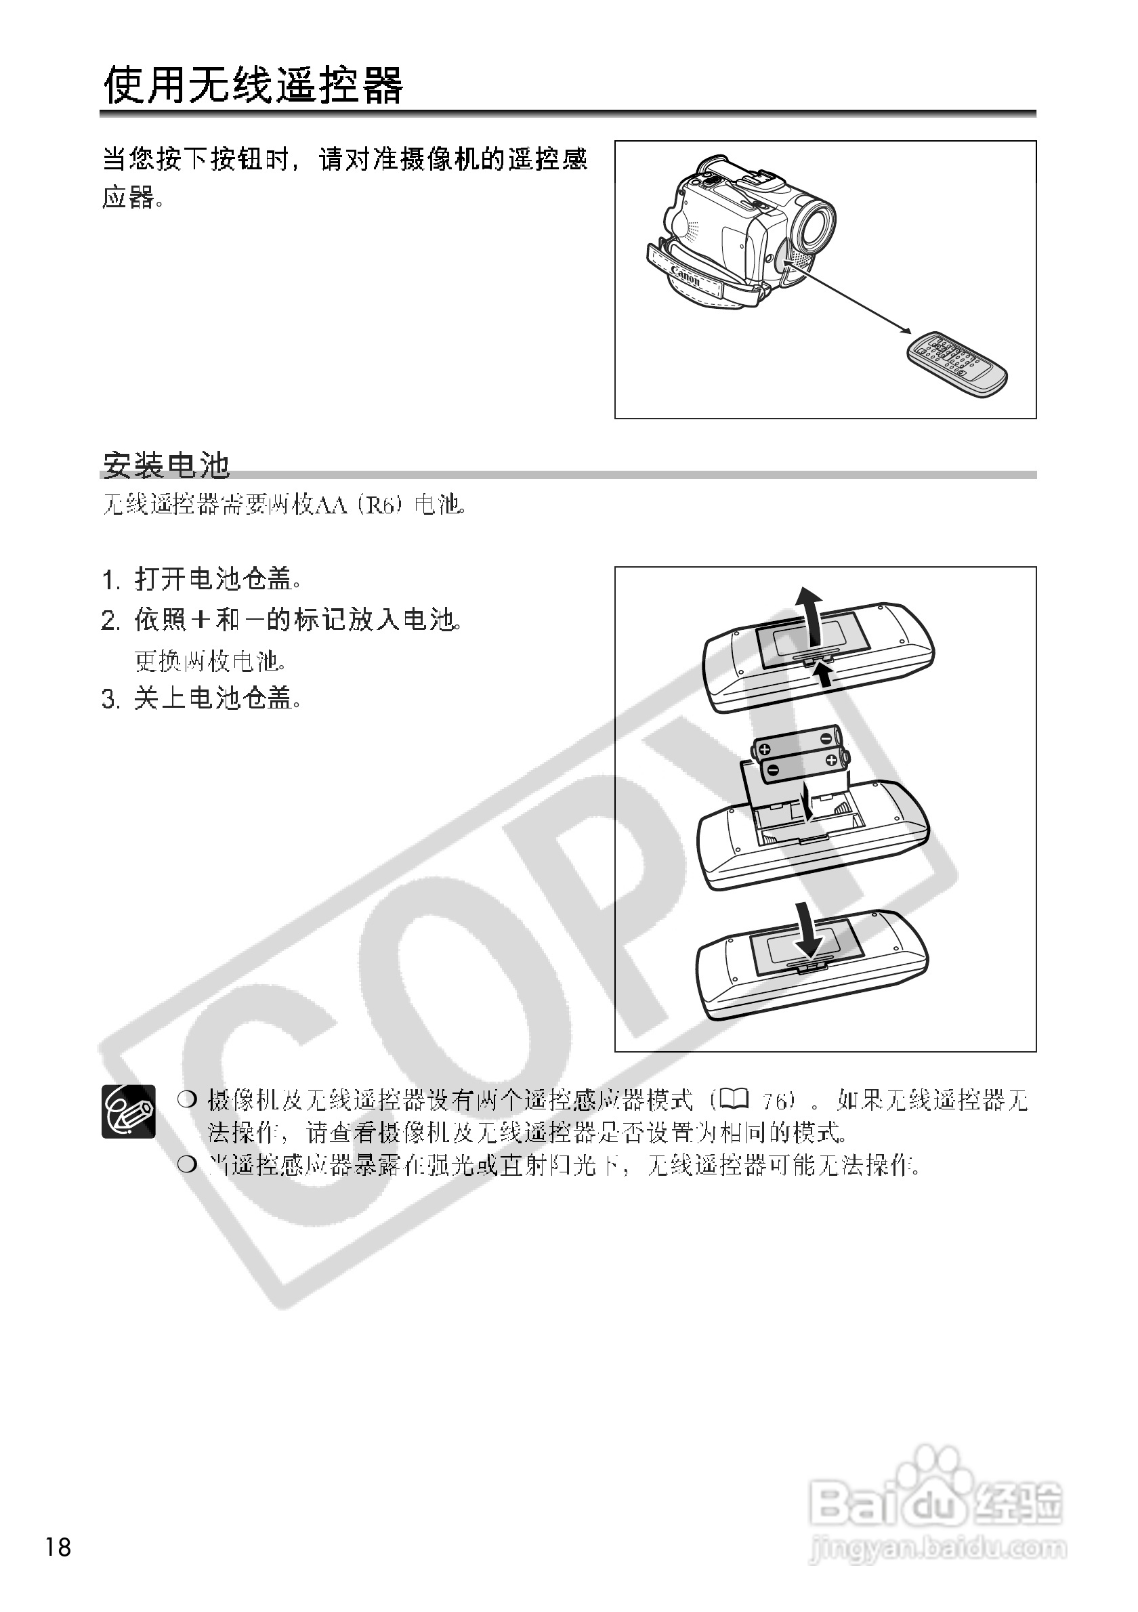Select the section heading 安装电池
(x=167, y=464)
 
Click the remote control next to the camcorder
(x=956, y=364)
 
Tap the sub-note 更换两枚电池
(x=211, y=660)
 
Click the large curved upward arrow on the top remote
(x=812, y=616)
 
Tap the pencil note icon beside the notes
(x=129, y=1111)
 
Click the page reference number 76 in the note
(x=775, y=1101)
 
